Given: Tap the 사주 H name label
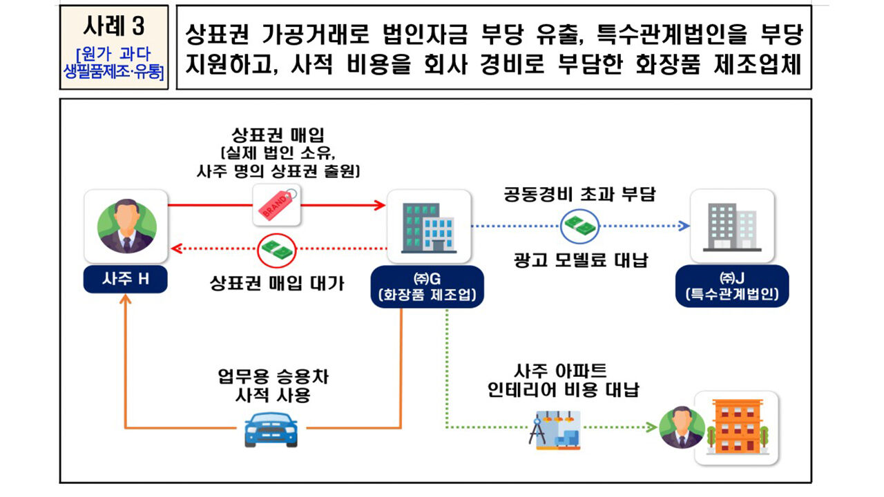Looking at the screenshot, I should coord(125,279).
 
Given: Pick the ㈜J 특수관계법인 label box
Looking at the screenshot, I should coord(732,286).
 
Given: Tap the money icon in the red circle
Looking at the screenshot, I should coord(276,249).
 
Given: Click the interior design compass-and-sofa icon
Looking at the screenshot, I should coord(554,428).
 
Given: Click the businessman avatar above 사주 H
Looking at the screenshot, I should coord(126,226).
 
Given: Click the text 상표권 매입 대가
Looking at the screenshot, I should coord(276,283).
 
